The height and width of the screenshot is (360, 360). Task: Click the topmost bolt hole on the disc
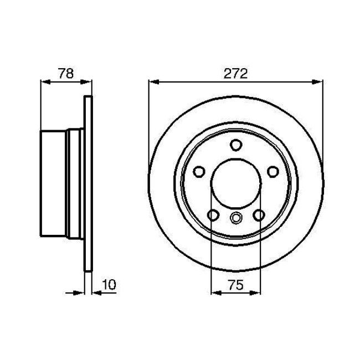[236, 145]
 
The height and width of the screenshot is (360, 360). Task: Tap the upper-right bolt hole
[273, 172]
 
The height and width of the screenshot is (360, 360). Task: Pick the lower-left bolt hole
[213, 215]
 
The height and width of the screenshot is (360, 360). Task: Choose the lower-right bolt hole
[259, 215]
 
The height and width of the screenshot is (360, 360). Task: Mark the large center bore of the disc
[236, 183]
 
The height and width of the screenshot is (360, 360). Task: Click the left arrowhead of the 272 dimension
[153, 82]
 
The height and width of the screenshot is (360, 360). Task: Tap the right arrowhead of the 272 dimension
[318, 82]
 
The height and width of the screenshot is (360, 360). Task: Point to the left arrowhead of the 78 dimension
[45, 82]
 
